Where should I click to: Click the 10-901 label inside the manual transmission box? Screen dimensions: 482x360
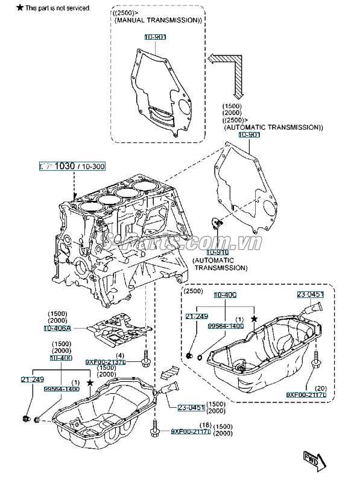pos(155,37)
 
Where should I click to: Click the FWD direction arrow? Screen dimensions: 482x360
pos(314,458)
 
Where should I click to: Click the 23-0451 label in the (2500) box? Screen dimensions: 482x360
pos(310,294)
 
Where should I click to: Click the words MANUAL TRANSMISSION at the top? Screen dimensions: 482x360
pos(157,20)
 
